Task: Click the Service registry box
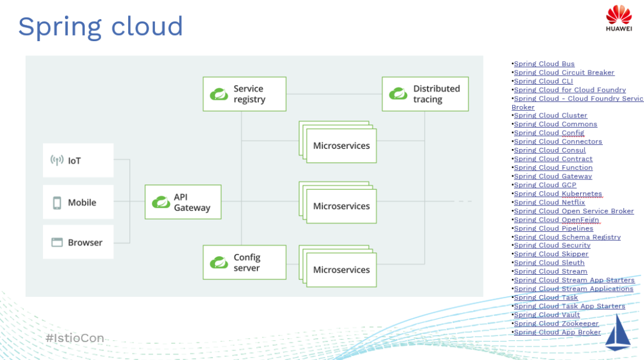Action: tap(244, 94)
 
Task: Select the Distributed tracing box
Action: tap(425, 94)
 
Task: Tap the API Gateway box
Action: tap(183, 202)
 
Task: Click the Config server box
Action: tap(244, 262)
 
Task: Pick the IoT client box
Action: tap(78, 160)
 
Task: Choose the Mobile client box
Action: tap(78, 203)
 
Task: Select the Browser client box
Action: tap(78, 243)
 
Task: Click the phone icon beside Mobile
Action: tap(57, 203)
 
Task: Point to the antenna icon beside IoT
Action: tap(57, 160)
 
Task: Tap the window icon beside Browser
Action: tap(57, 243)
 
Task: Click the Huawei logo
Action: tap(618, 18)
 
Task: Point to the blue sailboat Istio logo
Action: tap(618, 333)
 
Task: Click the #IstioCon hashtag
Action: tap(75, 339)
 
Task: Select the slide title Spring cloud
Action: tap(100, 27)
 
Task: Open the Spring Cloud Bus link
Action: tap(544, 64)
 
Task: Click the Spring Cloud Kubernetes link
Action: tap(558, 194)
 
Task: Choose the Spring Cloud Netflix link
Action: tap(549, 203)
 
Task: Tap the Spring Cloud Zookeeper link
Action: tap(556, 324)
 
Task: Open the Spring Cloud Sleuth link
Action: tap(549, 263)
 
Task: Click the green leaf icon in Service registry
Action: tap(219, 94)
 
